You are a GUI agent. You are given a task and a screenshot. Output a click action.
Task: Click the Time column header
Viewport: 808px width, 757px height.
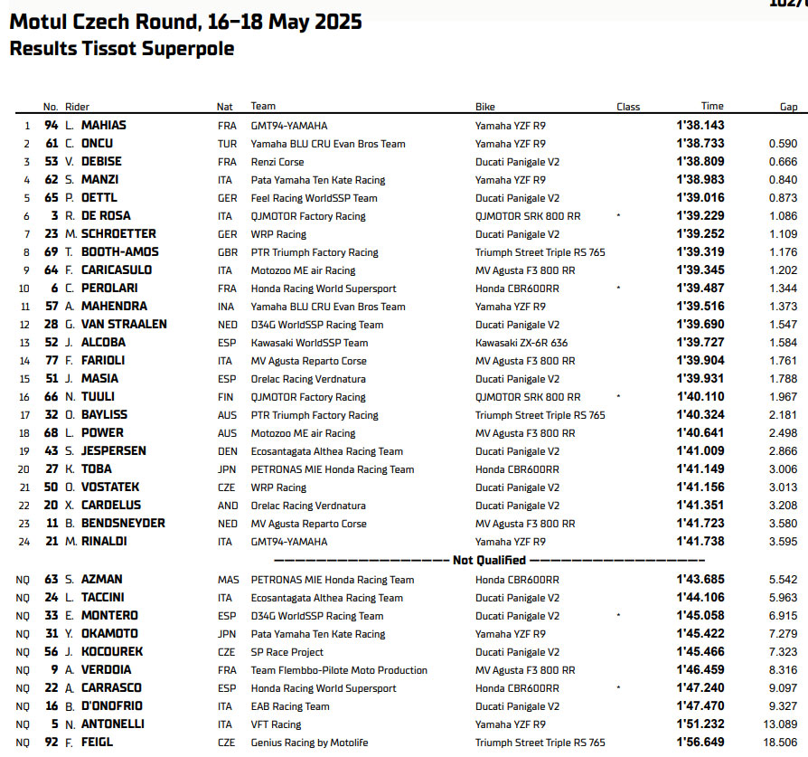point(712,107)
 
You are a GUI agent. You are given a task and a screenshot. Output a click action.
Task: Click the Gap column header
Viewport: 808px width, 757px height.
point(788,107)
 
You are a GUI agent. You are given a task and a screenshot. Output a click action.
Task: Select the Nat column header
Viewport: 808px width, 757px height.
point(224,107)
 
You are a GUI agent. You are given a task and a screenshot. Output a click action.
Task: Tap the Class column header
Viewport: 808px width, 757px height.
point(628,107)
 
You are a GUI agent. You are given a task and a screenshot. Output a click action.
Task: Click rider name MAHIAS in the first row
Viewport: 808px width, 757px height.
point(104,126)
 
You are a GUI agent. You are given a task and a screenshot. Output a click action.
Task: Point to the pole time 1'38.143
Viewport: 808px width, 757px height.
point(699,126)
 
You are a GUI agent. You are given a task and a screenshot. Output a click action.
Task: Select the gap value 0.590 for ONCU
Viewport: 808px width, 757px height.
point(782,144)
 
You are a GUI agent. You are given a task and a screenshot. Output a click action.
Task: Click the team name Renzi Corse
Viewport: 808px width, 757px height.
point(277,162)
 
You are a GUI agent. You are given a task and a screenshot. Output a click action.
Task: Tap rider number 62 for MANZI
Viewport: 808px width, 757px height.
point(51,180)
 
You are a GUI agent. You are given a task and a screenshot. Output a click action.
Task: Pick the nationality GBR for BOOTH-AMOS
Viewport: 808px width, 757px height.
point(227,252)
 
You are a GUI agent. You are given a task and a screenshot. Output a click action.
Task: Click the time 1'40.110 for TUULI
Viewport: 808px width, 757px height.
point(699,397)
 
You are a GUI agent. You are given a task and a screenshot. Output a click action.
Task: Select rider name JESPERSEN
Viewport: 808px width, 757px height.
point(113,451)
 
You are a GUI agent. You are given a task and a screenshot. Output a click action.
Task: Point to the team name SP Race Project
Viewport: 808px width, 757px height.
point(287,652)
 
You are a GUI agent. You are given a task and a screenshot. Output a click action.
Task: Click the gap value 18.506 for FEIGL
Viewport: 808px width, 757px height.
point(779,743)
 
